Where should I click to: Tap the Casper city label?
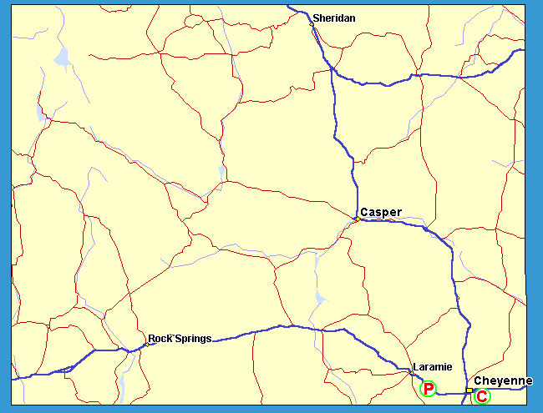[381, 212]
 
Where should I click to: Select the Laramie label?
[432, 366]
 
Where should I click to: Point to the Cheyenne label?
[503, 381]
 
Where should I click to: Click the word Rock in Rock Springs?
[160, 339]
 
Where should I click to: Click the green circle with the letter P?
[429, 388]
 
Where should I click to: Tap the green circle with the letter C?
[481, 396]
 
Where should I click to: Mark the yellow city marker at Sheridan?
[311, 24]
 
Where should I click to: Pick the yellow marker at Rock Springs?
[145, 344]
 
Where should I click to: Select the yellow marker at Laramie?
[410, 372]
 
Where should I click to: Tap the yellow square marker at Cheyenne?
[469, 390]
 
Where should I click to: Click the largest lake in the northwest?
[62, 58]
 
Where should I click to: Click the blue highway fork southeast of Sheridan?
[333, 69]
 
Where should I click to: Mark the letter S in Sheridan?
[316, 18]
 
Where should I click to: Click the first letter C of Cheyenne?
[478, 381]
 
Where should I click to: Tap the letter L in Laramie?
[415, 366]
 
